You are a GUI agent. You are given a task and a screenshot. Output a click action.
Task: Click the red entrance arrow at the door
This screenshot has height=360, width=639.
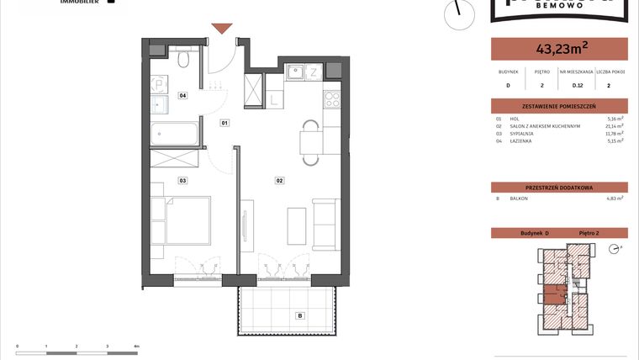[x=221, y=29]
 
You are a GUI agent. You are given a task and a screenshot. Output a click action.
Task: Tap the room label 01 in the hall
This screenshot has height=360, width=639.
[x=224, y=124]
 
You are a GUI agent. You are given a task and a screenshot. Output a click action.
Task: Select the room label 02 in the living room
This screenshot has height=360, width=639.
[x=279, y=180]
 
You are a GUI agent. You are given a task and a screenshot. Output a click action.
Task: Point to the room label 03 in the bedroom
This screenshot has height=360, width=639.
[x=182, y=180]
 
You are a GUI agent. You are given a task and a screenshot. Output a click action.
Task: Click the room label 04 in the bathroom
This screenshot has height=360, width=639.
[x=182, y=96]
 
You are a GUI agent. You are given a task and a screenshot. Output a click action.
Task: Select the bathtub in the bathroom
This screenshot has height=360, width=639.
[x=175, y=133]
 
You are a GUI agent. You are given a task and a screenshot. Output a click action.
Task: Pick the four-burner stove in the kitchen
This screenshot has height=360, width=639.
[x=331, y=98]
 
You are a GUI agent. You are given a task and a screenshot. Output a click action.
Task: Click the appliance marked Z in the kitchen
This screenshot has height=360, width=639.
[x=314, y=71]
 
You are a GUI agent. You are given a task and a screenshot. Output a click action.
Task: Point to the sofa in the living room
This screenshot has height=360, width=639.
[x=325, y=225]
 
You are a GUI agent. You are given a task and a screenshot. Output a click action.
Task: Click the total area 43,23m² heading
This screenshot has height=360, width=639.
[x=558, y=49]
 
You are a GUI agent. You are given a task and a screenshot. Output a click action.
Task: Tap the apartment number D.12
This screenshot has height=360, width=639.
[x=578, y=85]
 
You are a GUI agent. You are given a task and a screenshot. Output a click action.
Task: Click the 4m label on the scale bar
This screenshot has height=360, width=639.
[x=136, y=346]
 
